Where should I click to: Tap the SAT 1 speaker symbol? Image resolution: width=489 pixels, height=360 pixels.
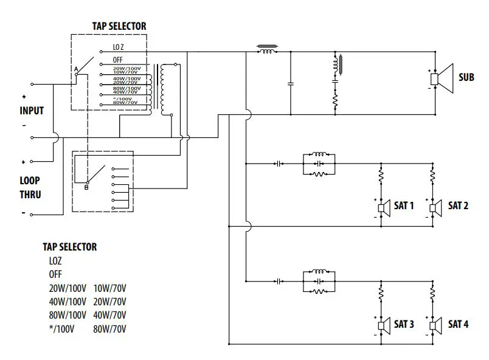(x=384, y=207)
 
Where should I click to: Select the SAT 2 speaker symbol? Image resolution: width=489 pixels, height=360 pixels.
(x=435, y=207)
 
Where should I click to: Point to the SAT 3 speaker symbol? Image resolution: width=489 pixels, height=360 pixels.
(x=384, y=325)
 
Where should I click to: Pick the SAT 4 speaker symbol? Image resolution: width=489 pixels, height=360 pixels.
(x=435, y=325)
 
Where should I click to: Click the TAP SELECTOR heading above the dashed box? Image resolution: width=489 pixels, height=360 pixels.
(x=119, y=26)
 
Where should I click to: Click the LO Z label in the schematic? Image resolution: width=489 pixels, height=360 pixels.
(x=119, y=47)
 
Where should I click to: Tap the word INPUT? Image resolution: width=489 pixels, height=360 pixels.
(x=32, y=111)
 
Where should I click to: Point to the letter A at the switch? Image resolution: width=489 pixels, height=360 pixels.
(x=76, y=70)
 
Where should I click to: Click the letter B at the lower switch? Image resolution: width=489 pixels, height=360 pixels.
(x=86, y=187)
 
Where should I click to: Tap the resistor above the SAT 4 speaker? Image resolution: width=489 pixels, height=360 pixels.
(x=432, y=294)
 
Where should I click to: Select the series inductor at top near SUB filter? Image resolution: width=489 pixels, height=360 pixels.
(x=266, y=52)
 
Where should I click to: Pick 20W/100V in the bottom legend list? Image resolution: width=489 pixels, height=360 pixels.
(x=66, y=288)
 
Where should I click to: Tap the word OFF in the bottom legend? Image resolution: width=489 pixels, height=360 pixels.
(x=56, y=274)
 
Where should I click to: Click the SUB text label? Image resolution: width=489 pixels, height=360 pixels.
(x=466, y=78)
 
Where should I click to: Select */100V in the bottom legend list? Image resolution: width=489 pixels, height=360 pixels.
(x=63, y=330)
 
